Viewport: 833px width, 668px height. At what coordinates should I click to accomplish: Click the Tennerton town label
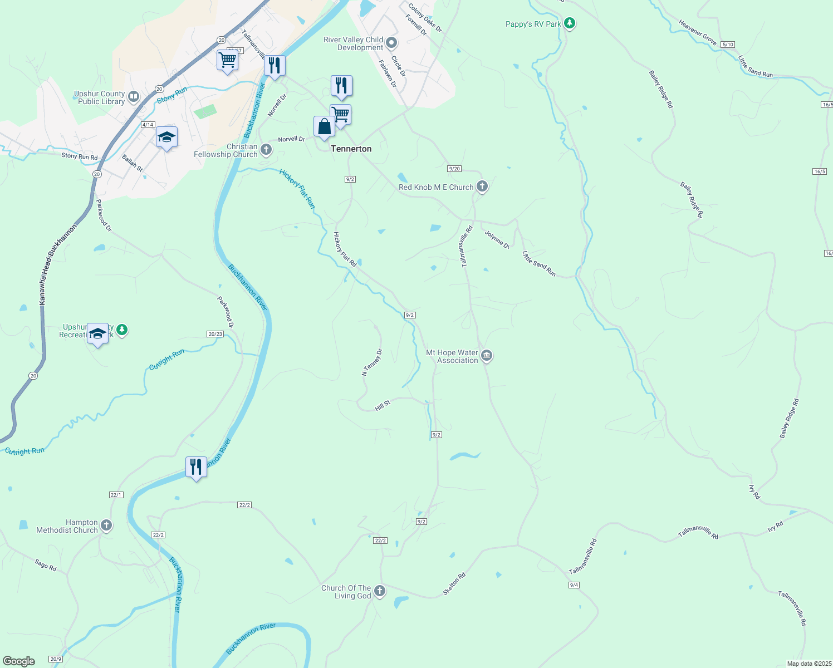coord(351,149)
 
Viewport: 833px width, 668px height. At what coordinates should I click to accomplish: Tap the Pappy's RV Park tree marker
coord(569,23)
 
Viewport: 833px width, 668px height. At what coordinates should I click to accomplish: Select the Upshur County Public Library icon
coord(134,97)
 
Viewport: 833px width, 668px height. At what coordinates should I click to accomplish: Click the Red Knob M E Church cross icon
coord(482,186)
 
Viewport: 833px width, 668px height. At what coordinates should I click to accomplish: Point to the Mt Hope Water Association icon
coord(487,356)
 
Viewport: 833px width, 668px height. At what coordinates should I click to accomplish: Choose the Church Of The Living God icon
coord(380,591)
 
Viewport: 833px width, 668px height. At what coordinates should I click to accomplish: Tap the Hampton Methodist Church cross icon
coord(106,525)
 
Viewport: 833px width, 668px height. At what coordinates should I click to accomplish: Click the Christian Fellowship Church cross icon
coord(266,150)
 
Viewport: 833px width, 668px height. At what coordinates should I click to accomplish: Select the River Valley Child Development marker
coord(391,43)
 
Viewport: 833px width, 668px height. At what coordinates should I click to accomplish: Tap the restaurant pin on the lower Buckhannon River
coord(196,466)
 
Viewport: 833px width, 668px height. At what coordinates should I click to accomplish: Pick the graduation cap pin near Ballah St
coord(166,137)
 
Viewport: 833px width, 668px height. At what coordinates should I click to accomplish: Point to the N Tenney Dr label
coord(372,362)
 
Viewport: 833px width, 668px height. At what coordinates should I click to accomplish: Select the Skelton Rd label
coord(454,584)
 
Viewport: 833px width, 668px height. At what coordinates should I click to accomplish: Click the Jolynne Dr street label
coord(497,239)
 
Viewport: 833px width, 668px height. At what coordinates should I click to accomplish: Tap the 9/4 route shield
coord(574,585)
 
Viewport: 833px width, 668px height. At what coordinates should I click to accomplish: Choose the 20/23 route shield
coord(215,334)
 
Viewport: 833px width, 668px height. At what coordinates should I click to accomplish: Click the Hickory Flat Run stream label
coord(297,189)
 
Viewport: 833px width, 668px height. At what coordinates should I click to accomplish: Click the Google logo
coord(19,661)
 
